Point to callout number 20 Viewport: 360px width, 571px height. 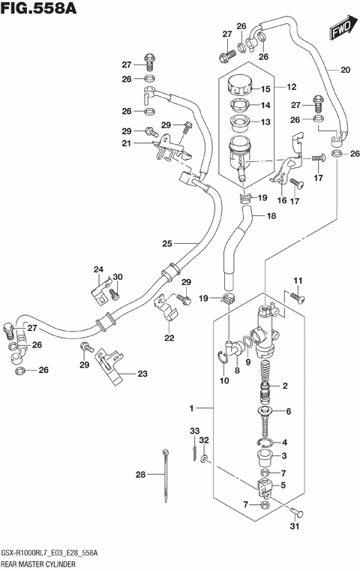pos(344,71)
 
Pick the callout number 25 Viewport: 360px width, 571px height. pos(167,243)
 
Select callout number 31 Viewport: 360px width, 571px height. pos(293,525)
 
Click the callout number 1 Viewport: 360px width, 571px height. pos(192,408)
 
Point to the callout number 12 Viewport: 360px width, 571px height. pos(292,87)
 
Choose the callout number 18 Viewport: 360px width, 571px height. pos(271,215)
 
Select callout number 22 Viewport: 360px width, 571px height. pos(169,338)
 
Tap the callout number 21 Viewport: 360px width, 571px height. pos(127,143)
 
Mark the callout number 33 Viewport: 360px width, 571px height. pos(194,431)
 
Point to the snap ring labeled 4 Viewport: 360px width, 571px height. pos(272,443)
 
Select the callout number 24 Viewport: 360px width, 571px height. pos(97,269)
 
